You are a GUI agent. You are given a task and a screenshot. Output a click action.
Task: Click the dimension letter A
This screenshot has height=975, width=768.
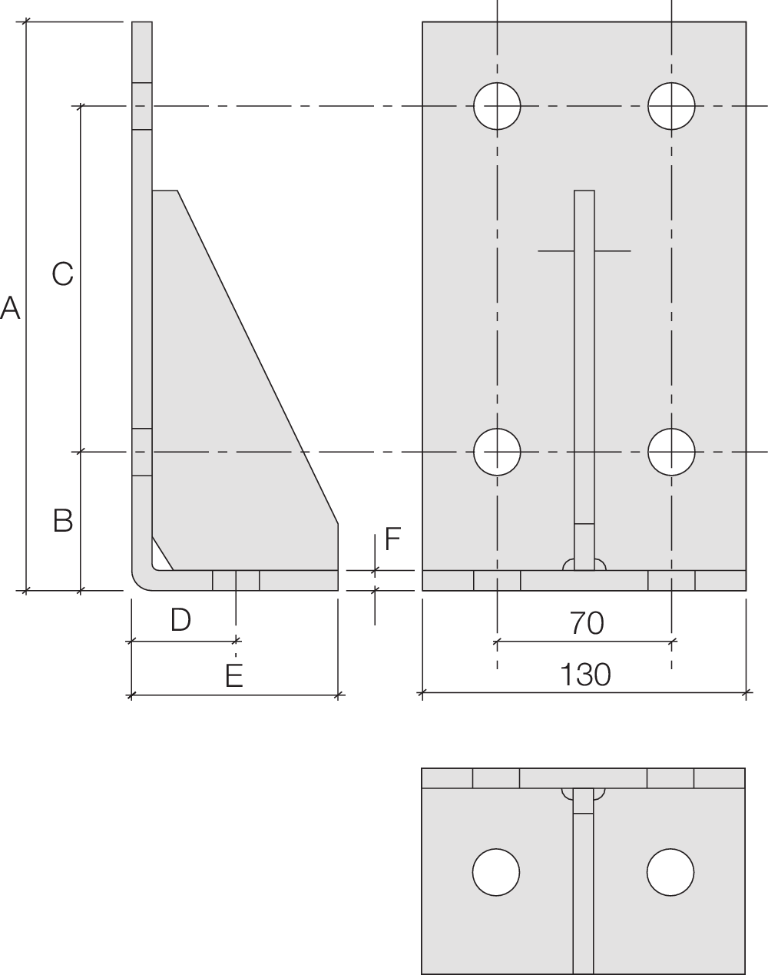[10, 309]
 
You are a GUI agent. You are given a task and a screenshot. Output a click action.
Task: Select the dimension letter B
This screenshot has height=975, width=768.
[63, 520]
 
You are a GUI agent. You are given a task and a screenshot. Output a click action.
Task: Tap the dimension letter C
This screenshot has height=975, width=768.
[62, 273]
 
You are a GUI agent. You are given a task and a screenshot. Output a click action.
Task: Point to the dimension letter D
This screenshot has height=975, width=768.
[180, 619]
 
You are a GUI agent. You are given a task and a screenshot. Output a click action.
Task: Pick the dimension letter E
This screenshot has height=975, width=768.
[234, 675]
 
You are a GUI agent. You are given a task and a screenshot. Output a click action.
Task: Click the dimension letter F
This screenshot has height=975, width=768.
[392, 540]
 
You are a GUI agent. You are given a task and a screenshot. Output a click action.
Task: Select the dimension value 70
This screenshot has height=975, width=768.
[587, 623]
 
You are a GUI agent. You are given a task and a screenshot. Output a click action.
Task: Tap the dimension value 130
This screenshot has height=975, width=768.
[584, 675]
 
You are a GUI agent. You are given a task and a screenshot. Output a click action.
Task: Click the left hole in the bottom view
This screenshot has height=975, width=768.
[496, 872]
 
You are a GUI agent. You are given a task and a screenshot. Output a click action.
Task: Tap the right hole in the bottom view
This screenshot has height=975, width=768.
[670, 872]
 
